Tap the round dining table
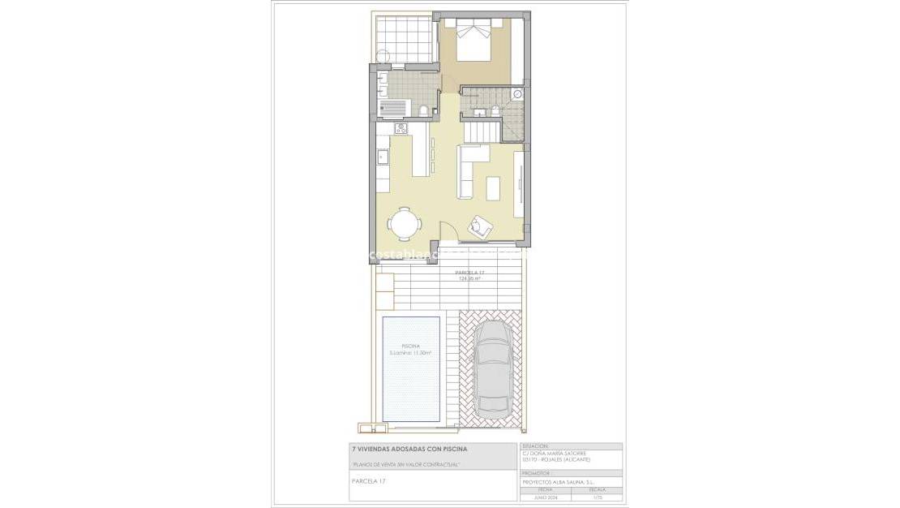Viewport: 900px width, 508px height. point(403,222)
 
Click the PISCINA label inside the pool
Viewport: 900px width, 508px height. point(411,347)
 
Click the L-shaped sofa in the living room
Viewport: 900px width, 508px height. point(469,167)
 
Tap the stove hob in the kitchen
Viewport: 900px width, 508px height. point(400,128)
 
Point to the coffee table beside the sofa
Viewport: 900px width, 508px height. point(493,187)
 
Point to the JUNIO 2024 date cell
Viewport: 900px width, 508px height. point(545,497)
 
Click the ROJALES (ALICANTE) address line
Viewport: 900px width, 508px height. point(557,460)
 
